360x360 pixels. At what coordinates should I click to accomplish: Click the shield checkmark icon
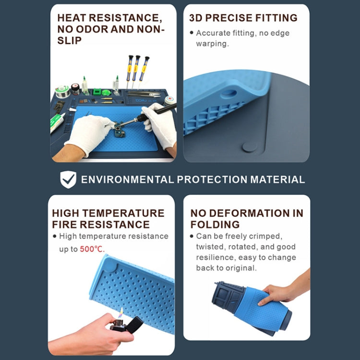coord(68,180)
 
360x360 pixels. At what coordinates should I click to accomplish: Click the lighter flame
coord(121,313)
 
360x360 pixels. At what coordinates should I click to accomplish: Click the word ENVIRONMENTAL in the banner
coord(127,180)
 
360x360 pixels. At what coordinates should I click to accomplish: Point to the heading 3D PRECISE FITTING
coord(243,18)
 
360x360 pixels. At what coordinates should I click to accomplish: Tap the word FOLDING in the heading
coord(215,224)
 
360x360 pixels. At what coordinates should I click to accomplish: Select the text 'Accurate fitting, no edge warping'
coord(242,38)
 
